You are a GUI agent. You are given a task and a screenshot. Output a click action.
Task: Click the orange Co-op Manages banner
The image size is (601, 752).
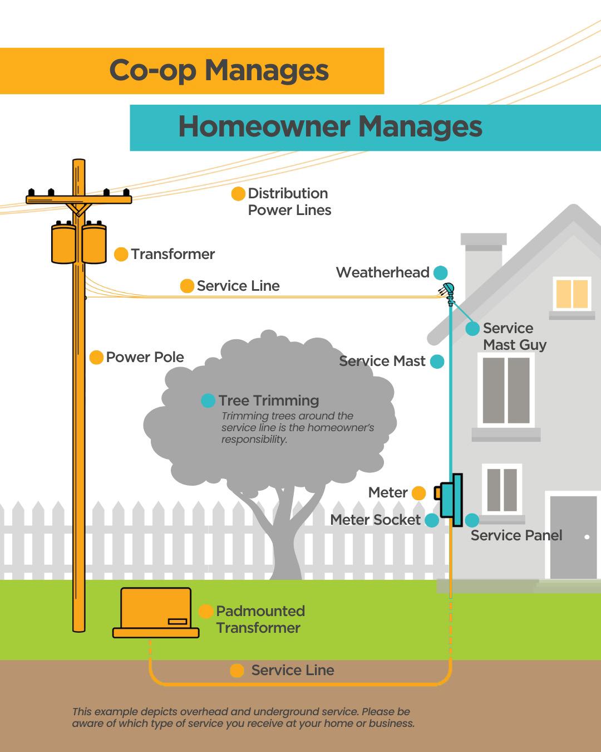coord(192,71)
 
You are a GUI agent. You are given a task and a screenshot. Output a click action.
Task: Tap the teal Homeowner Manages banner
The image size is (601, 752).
coord(365,128)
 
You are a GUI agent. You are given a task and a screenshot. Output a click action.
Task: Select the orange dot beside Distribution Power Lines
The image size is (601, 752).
coord(238,194)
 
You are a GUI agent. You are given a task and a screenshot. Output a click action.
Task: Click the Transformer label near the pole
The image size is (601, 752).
coord(173,254)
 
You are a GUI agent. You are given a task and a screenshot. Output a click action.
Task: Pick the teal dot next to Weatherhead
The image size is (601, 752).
coord(440,273)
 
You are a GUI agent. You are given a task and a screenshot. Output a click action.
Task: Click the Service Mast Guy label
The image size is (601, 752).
coord(514,336)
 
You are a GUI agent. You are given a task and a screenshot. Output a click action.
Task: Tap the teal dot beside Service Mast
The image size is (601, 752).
coord(437,362)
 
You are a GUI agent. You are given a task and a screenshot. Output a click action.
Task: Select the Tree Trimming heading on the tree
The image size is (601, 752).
coord(268,401)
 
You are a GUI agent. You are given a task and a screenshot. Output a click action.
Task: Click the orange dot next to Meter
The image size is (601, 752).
coord(418,493)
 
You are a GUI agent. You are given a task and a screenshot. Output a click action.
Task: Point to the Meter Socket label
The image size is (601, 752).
coord(375,520)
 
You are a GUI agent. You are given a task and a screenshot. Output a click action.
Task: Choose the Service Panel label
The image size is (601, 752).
coord(516,535)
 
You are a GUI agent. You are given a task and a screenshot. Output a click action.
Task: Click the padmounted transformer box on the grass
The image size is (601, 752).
coord(156,611)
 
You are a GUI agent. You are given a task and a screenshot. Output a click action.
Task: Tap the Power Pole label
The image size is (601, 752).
coord(145,357)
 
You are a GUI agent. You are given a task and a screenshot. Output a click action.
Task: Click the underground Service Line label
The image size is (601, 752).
coord(292,670)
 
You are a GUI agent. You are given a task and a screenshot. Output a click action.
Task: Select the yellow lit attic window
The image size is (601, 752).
coord(572,294)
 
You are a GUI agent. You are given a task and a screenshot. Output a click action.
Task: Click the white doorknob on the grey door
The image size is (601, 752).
coord(587,537)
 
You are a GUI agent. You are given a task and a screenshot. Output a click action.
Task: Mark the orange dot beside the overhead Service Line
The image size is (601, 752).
coord(187,286)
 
